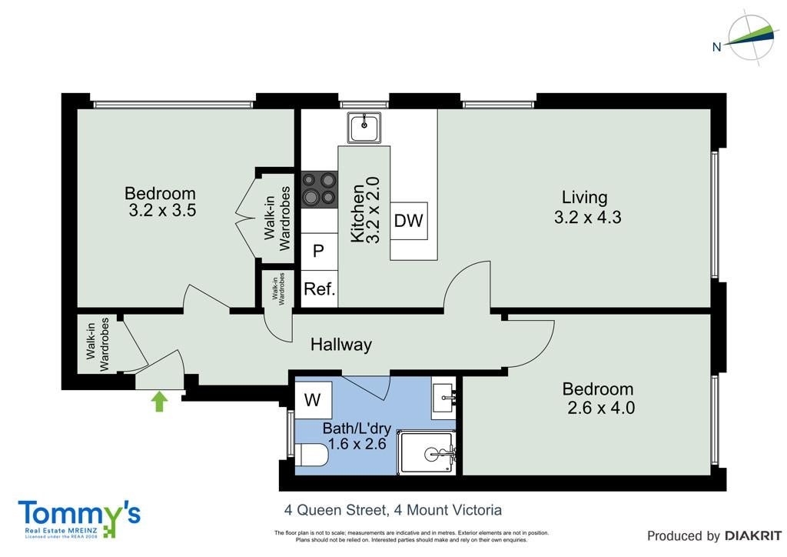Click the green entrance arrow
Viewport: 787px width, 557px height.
click(x=159, y=402)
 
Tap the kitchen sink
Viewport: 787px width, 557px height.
click(x=364, y=127)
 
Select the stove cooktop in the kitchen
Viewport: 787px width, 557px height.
click(x=319, y=189)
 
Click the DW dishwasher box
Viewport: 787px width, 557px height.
click(x=409, y=221)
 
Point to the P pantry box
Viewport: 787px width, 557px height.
click(x=319, y=251)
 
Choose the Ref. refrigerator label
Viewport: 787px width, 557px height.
click(x=320, y=289)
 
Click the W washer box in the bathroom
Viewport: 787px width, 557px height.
click(x=313, y=400)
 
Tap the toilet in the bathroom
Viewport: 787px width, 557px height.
click(x=311, y=455)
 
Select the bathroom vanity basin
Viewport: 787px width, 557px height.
click(x=444, y=399)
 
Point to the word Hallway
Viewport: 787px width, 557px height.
click(x=341, y=345)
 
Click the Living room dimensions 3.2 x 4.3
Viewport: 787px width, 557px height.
click(x=588, y=218)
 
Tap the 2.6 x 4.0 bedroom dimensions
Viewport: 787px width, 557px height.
click(x=601, y=407)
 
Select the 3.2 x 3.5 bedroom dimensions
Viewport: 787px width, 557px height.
click(x=162, y=210)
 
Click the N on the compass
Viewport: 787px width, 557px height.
click(x=717, y=47)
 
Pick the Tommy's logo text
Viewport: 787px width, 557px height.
click(x=79, y=515)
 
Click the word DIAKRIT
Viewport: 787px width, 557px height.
click(x=753, y=536)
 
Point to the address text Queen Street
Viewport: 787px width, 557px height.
click(x=343, y=510)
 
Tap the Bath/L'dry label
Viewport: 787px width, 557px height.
click(x=357, y=429)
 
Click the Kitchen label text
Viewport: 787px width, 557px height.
click(x=357, y=213)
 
